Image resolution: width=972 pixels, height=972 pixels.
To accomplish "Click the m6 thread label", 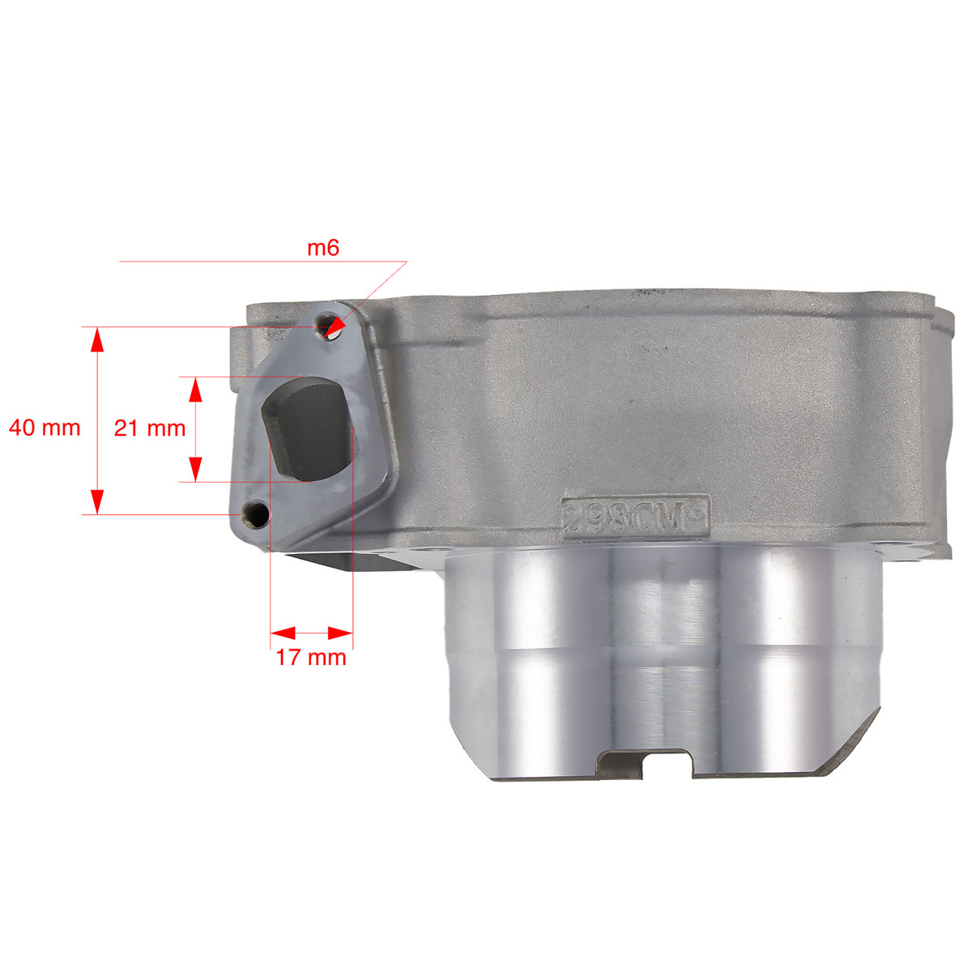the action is (323, 248).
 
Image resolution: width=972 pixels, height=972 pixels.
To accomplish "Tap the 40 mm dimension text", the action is (45, 428).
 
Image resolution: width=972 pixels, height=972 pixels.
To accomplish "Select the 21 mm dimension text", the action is (150, 428).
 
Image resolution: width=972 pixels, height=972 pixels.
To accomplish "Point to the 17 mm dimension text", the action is (311, 657).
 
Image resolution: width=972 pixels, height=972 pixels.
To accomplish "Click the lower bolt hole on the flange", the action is (254, 515).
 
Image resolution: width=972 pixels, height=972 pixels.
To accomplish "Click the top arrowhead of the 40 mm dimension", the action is (97, 339).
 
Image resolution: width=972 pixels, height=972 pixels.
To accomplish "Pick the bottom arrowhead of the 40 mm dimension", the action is (97, 501).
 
